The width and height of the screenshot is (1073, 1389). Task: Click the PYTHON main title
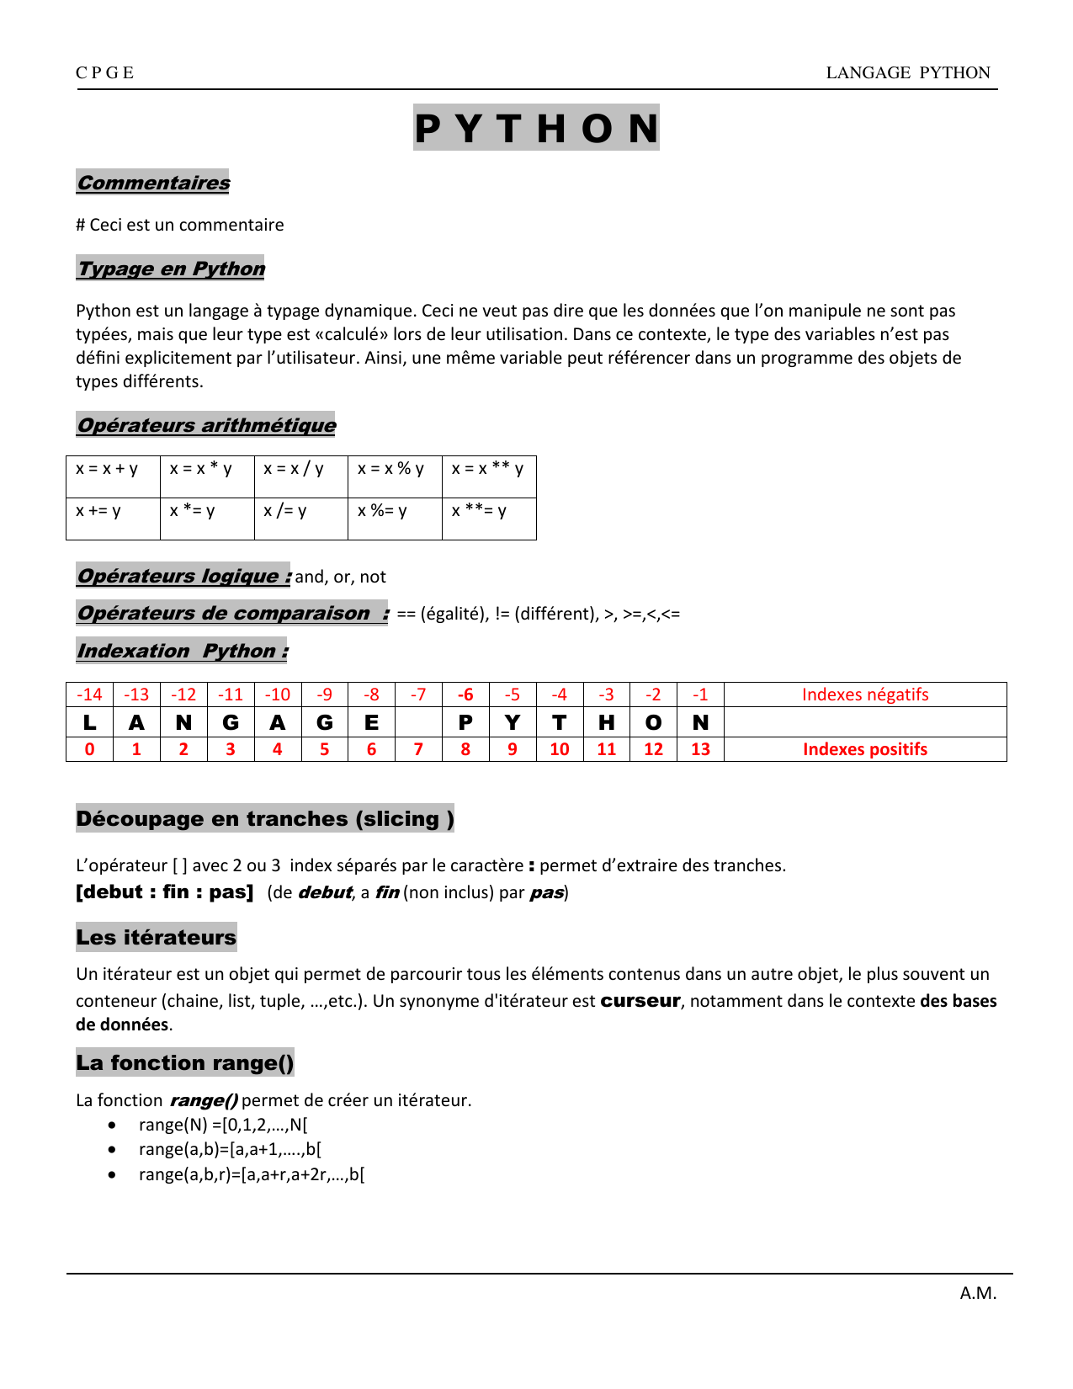pos(536,128)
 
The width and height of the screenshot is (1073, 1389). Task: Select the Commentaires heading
pos(153,183)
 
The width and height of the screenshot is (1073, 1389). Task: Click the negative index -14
pos(89,694)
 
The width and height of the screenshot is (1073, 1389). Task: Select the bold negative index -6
pos(465,694)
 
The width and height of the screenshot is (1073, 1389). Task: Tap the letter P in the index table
pos(465,722)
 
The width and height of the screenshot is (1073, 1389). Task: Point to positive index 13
pos(700,749)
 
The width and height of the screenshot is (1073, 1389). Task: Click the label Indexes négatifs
pos(865,694)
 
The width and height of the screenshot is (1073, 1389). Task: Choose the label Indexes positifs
pos(865,749)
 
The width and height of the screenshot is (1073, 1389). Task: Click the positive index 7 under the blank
pos(418,749)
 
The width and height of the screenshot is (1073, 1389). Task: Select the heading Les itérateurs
pos(157,937)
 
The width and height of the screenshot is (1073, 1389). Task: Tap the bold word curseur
pos(640,1000)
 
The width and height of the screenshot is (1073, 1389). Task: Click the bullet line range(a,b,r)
pos(252,1174)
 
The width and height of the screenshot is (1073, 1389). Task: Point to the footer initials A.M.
pos(978,1293)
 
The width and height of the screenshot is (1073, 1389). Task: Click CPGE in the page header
pos(105,72)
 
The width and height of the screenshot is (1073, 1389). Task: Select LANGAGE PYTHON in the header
pos(908,72)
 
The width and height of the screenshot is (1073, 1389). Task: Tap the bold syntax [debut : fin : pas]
pos(165,891)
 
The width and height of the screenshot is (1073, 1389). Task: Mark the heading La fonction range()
pos(185,1062)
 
